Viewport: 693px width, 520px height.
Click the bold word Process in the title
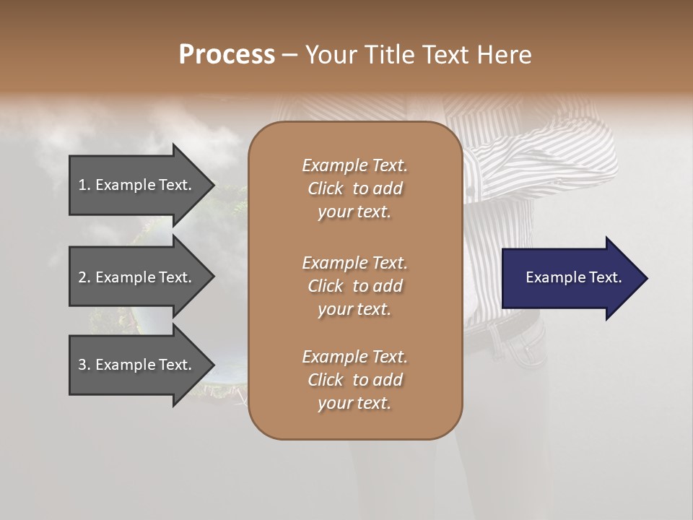pyautogui.click(x=227, y=55)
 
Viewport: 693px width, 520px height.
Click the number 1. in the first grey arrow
pyautogui.click(x=84, y=185)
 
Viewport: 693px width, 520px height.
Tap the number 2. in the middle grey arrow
pyautogui.click(x=84, y=277)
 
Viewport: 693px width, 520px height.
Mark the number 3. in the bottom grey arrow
pyautogui.click(x=84, y=365)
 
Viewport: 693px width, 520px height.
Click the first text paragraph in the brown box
pyautogui.click(x=354, y=188)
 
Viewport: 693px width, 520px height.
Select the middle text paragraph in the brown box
pyautogui.click(x=354, y=285)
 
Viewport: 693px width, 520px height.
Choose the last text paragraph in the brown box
pyautogui.click(x=354, y=380)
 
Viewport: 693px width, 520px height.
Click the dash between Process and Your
pyautogui.click(x=289, y=56)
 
